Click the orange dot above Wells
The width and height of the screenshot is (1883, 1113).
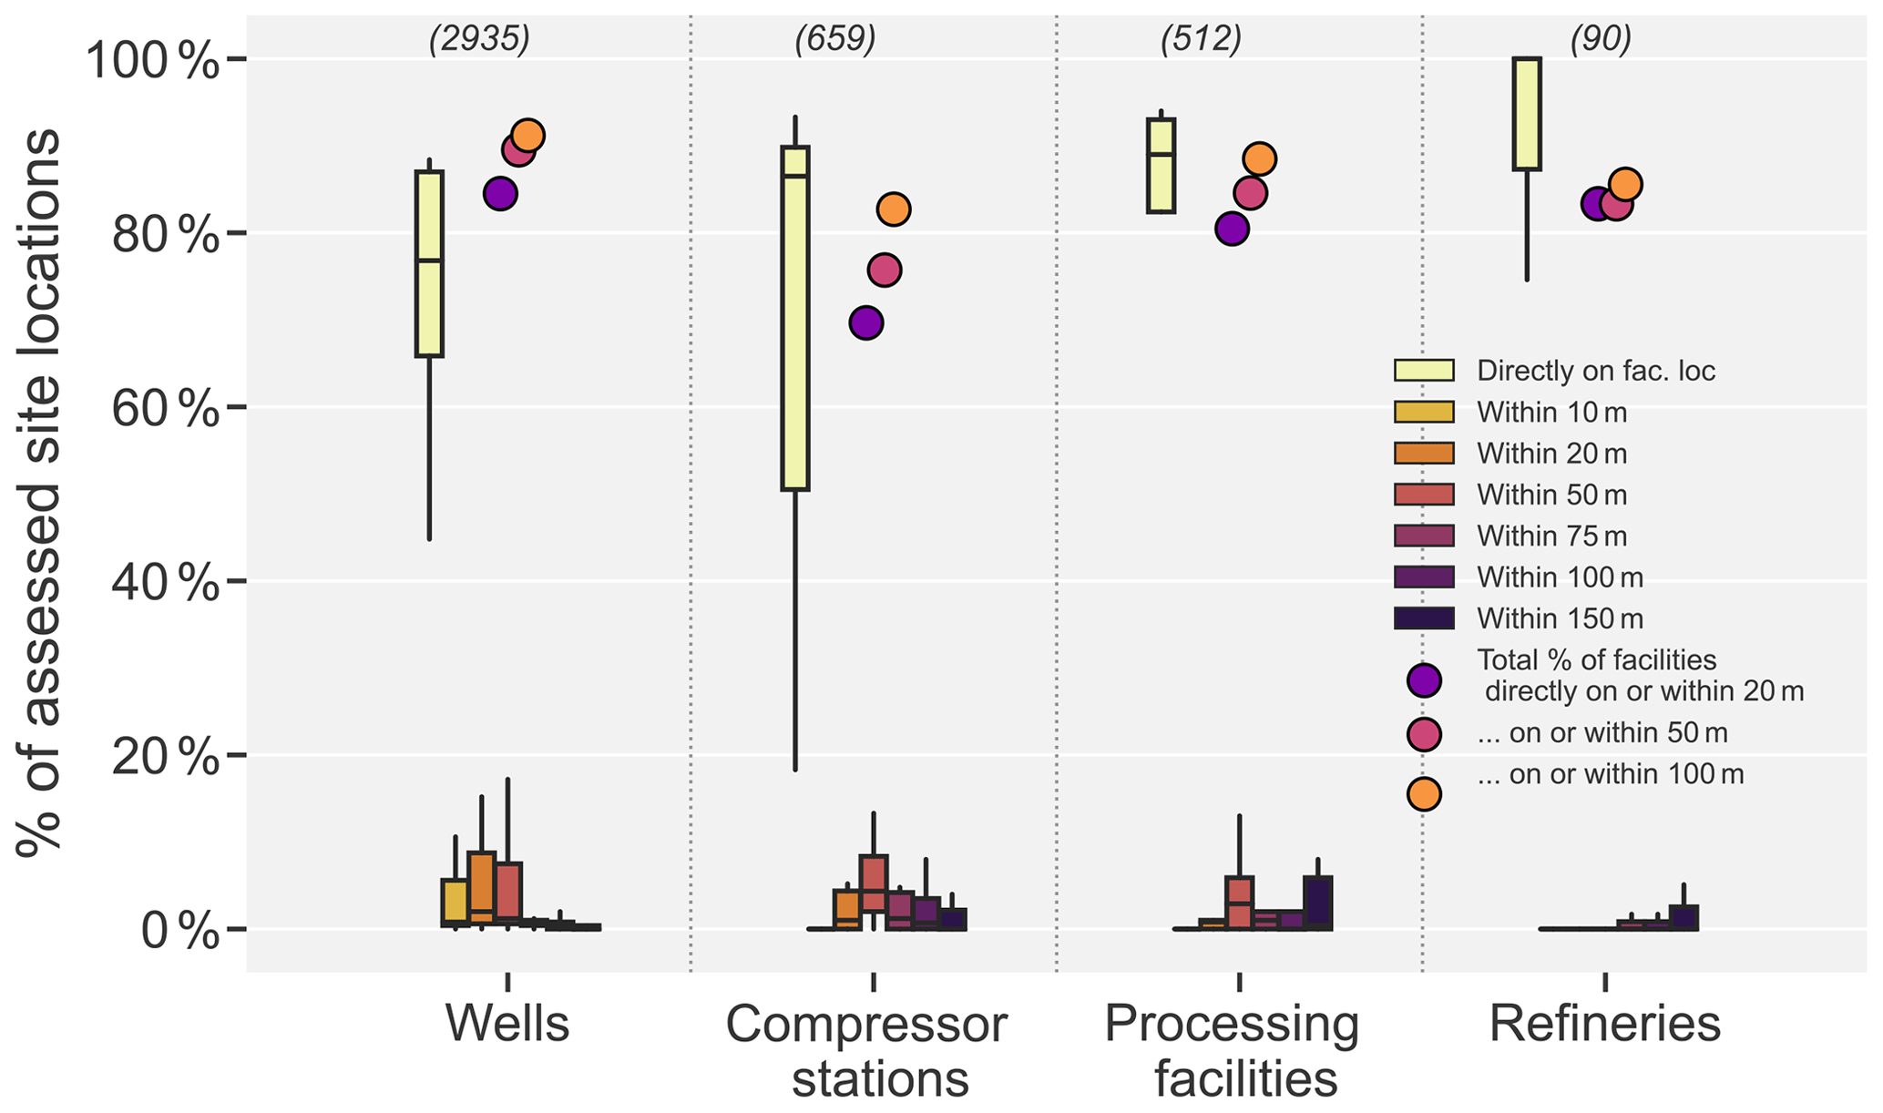(527, 136)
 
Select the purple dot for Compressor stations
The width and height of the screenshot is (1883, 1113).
(866, 323)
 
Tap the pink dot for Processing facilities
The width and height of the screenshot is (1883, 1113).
(1251, 193)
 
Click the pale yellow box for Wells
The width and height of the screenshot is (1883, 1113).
(429, 264)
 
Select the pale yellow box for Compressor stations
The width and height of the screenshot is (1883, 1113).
(795, 319)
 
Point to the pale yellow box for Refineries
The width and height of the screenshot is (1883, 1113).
(1527, 114)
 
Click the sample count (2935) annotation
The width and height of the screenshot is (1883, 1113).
(479, 39)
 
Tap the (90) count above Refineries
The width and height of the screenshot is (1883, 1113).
(1601, 39)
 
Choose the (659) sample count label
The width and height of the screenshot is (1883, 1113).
(835, 39)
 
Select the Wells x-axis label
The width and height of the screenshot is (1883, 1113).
(507, 1025)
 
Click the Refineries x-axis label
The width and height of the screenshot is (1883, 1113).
(1604, 1025)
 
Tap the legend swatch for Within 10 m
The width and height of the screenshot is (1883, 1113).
(1424, 412)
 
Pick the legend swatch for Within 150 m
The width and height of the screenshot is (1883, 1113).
(1424, 618)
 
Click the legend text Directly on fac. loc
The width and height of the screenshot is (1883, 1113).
(1596, 371)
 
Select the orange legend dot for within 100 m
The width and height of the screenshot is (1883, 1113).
(1424, 794)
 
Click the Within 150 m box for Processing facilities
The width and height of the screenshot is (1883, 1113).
(1317, 904)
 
